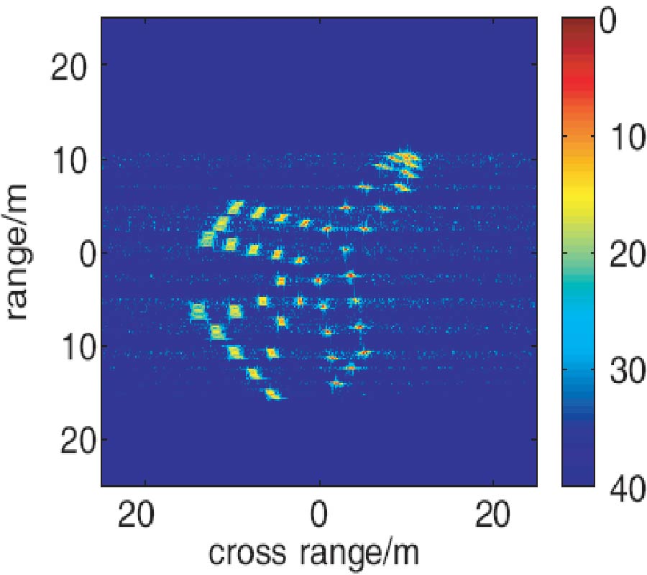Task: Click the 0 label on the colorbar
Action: click(x=608, y=24)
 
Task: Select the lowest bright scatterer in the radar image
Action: click(x=273, y=393)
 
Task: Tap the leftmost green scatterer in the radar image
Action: click(x=198, y=311)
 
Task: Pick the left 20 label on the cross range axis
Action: click(x=146, y=517)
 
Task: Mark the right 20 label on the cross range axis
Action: click(x=493, y=517)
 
